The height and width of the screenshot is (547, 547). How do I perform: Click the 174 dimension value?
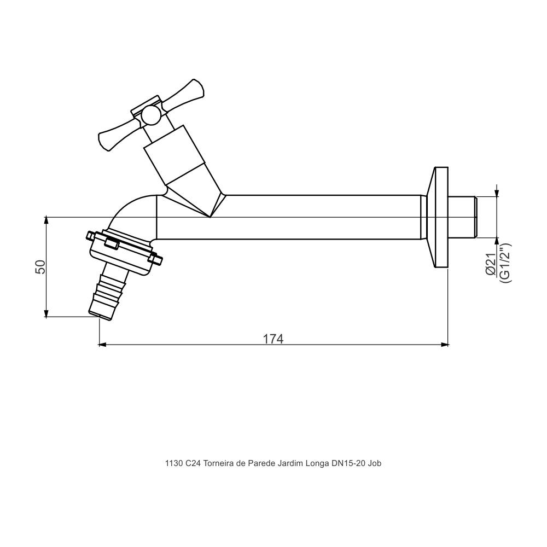click(273, 339)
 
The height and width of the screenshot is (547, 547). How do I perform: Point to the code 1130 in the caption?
click(173, 463)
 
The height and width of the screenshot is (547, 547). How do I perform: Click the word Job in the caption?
click(375, 463)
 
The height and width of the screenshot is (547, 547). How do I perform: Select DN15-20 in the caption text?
click(348, 463)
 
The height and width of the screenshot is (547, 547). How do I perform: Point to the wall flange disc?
click(440, 217)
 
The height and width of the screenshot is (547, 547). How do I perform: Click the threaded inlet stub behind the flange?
click(462, 217)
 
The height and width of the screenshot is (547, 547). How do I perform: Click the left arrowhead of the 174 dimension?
click(102, 345)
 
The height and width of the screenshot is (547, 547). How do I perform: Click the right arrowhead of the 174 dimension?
click(445, 345)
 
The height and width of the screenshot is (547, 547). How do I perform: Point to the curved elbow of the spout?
click(129, 211)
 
